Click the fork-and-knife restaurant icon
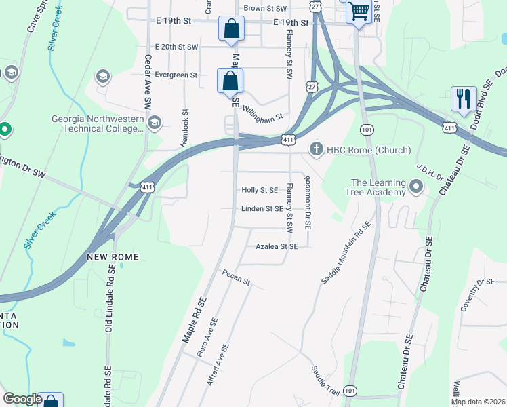(x=464, y=98)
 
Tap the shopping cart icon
(x=359, y=12)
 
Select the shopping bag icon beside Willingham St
(x=230, y=81)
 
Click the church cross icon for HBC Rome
(x=315, y=149)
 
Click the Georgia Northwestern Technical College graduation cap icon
(x=155, y=123)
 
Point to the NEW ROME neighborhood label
(x=113, y=257)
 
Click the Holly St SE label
(x=260, y=191)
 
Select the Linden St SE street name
(x=262, y=209)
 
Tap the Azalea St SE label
(x=277, y=247)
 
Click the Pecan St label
(x=236, y=277)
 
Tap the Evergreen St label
(x=176, y=75)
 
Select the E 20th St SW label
(x=176, y=47)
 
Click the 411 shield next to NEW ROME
(x=147, y=187)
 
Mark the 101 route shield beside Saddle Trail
(x=349, y=391)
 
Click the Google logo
(x=23, y=399)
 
